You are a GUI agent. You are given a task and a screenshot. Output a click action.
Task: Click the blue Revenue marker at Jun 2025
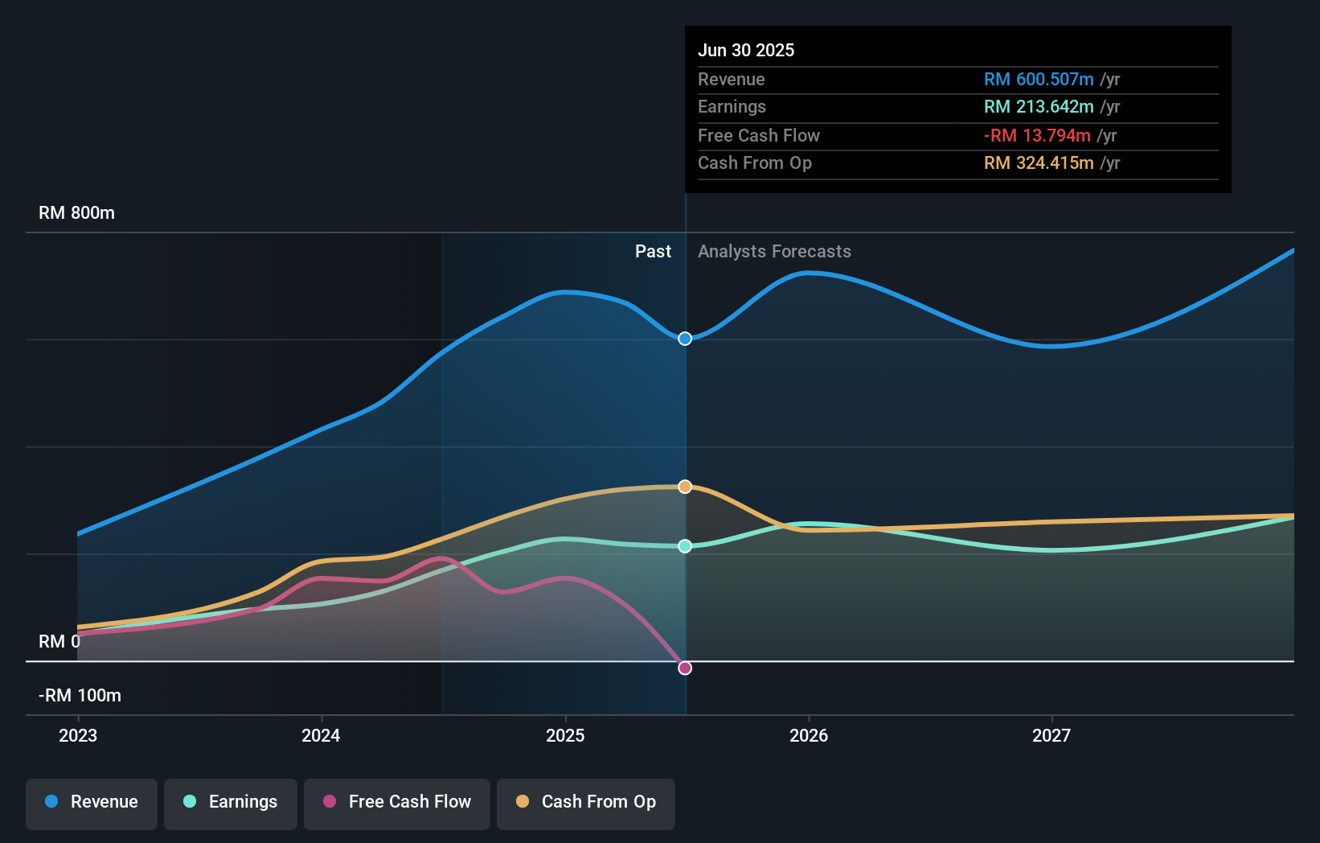click(x=685, y=339)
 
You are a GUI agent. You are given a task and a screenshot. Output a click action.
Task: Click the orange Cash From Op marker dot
click(x=685, y=487)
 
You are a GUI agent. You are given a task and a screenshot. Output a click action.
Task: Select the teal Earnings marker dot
click(x=685, y=546)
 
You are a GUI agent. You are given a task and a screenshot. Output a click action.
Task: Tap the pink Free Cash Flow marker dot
click(x=685, y=668)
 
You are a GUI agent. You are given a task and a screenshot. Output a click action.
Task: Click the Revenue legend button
click(x=92, y=802)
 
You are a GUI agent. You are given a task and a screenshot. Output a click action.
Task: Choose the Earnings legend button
click(x=231, y=802)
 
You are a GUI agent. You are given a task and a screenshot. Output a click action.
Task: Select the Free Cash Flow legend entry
click(x=397, y=802)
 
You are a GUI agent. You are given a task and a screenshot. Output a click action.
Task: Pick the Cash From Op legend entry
click(x=586, y=802)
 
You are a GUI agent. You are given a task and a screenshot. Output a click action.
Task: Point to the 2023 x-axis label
click(x=78, y=735)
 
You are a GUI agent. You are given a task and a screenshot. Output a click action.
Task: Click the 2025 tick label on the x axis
click(x=565, y=735)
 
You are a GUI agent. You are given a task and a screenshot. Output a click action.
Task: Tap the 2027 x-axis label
click(x=1051, y=735)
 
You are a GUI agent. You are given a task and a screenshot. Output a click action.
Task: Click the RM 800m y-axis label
click(x=76, y=213)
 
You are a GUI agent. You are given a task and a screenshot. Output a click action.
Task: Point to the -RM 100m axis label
click(x=80, y=696)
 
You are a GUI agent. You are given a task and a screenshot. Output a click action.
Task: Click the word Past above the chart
click(x=653, y=252)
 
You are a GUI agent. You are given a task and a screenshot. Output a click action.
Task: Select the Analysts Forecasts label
click(x=774, y=252)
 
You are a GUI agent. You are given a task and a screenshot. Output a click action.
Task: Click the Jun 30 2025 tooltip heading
click(x=746, y=50)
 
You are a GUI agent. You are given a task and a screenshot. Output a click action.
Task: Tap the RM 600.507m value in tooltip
click(x=1039, y=80)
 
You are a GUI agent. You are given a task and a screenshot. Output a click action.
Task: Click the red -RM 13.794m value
click(x=1037, y=136)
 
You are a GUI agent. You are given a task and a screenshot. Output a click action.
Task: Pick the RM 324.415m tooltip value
click(x=1039, y=163)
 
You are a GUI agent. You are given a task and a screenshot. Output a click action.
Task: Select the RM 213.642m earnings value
click(x=1039, y=107)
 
